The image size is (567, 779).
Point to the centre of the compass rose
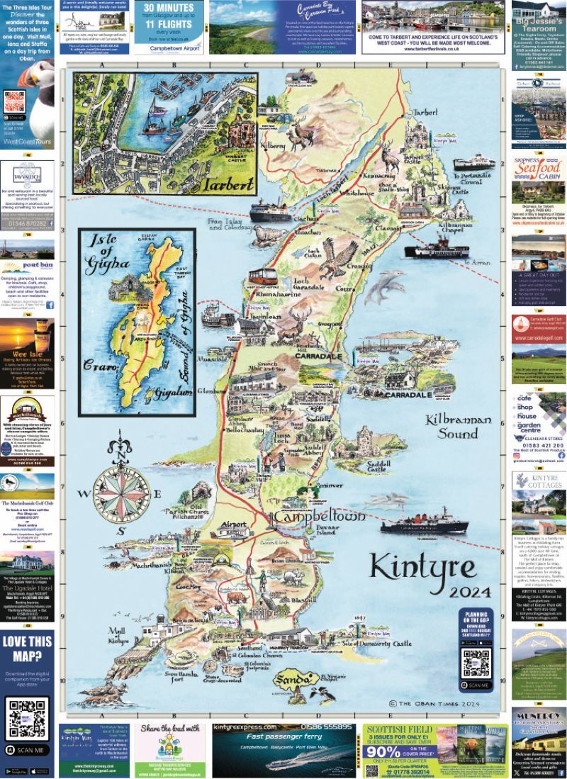point(121,493)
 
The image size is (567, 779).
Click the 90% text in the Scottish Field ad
point(387,752)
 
